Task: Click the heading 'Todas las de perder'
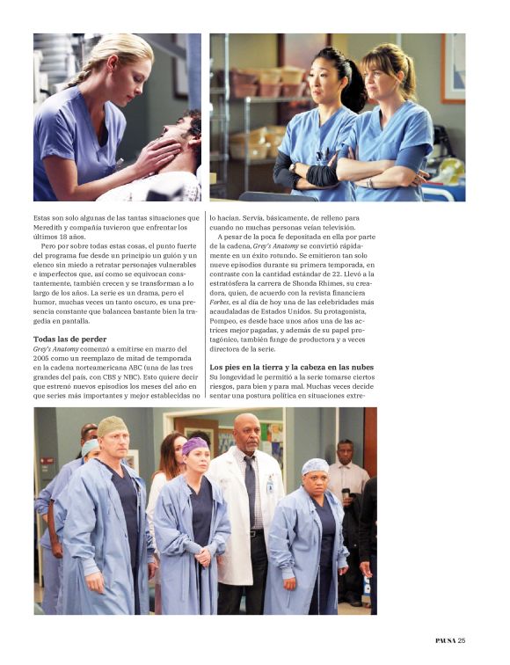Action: tap(69, 339)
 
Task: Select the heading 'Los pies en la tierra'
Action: tap(290, 366)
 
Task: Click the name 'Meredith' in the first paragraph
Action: tap(51, 228)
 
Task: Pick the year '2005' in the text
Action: tap(43, 358)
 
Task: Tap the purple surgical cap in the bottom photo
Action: tap(194, 445)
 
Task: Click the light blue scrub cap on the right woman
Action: tap(315, 466)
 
